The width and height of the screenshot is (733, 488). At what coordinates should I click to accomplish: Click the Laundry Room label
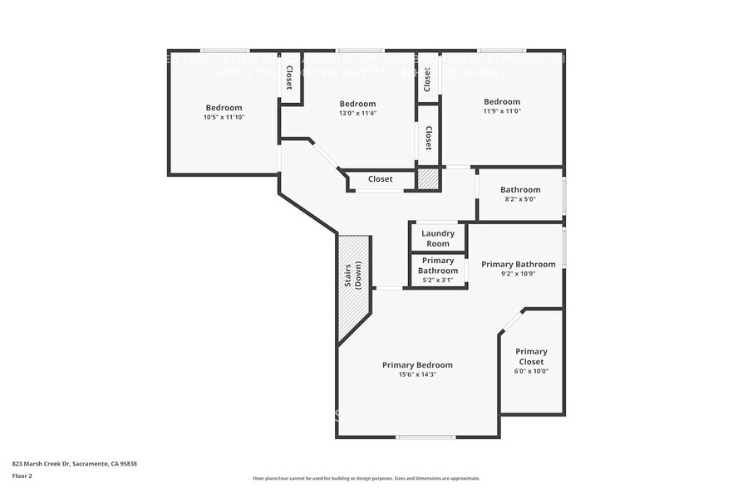(x=437, y=239)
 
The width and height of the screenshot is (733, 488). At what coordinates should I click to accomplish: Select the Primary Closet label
(x=531, y=356)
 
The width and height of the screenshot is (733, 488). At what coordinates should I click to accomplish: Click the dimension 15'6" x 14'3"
(x=417, y=374)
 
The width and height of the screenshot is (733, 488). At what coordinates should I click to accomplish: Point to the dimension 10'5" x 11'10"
(x=224, y=117)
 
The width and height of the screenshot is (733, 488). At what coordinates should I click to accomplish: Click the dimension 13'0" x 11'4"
(x=357, y=113)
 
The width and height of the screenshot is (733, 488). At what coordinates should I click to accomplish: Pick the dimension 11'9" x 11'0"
(x=502, y=111)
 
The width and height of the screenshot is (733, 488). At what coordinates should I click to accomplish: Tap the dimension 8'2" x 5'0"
(x=520, y=199)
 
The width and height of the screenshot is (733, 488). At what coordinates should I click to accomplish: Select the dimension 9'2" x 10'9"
(x=519, y=273)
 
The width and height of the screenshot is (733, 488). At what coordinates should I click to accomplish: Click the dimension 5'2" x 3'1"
(x=437, y=280)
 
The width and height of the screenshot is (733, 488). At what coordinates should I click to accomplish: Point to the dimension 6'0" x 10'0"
(x=531, y=371)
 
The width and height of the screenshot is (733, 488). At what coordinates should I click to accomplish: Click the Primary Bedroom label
(x=417, y=364)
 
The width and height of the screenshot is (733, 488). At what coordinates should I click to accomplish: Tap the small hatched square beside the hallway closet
(x=427, y=178)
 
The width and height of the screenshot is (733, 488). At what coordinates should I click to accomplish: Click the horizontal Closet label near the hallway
(x=381, y=179)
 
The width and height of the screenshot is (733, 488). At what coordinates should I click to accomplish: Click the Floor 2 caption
(x=22, y=476)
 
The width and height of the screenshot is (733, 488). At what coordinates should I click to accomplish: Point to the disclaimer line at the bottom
(x=366, y=478)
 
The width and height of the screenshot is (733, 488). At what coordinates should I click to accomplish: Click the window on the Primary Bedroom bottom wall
(x=425, y=437)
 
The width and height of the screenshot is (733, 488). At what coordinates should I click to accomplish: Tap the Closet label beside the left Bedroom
(x=289, y=77)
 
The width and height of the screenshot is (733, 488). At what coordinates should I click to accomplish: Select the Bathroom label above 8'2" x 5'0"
(x=520, y=189)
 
